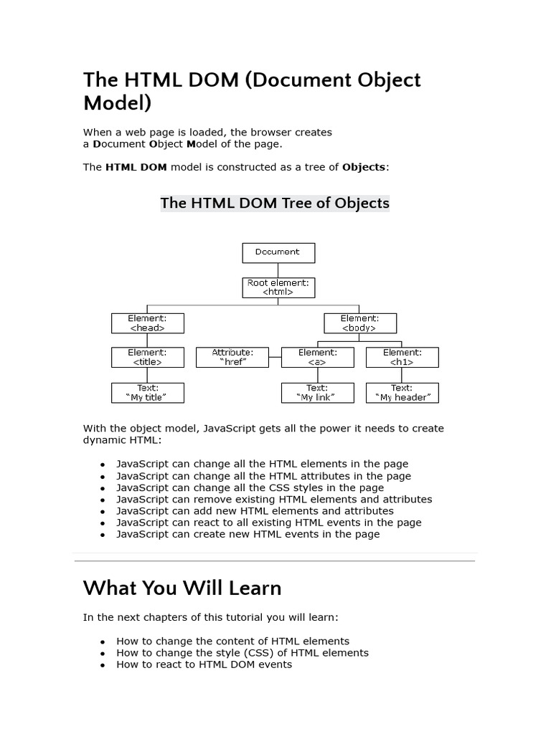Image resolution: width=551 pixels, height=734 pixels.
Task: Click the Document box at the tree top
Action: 278,252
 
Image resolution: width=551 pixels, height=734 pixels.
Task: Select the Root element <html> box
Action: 278,287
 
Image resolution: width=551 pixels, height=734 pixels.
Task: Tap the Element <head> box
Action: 147,323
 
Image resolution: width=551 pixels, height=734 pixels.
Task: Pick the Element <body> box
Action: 360,323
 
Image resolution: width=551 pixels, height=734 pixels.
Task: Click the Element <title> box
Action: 147,358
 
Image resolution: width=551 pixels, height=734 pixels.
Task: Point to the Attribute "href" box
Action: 232,358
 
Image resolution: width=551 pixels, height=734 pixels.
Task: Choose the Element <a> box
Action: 317,358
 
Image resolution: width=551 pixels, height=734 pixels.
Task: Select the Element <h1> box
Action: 402,358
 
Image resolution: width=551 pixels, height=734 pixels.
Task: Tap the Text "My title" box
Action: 147,393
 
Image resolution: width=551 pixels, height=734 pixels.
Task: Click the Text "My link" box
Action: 317,393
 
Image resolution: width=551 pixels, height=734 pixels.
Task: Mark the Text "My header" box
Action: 402,393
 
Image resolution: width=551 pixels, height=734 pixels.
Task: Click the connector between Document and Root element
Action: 278,270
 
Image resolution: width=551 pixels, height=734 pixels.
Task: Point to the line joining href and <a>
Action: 275,358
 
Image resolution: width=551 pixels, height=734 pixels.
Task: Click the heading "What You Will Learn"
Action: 182,588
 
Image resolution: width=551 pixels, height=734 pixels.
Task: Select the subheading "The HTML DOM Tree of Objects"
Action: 275,203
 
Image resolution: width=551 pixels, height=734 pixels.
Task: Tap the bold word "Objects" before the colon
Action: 364,167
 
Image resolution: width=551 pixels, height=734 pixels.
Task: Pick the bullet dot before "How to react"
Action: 103,665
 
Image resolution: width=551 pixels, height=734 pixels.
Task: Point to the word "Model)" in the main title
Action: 118,103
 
